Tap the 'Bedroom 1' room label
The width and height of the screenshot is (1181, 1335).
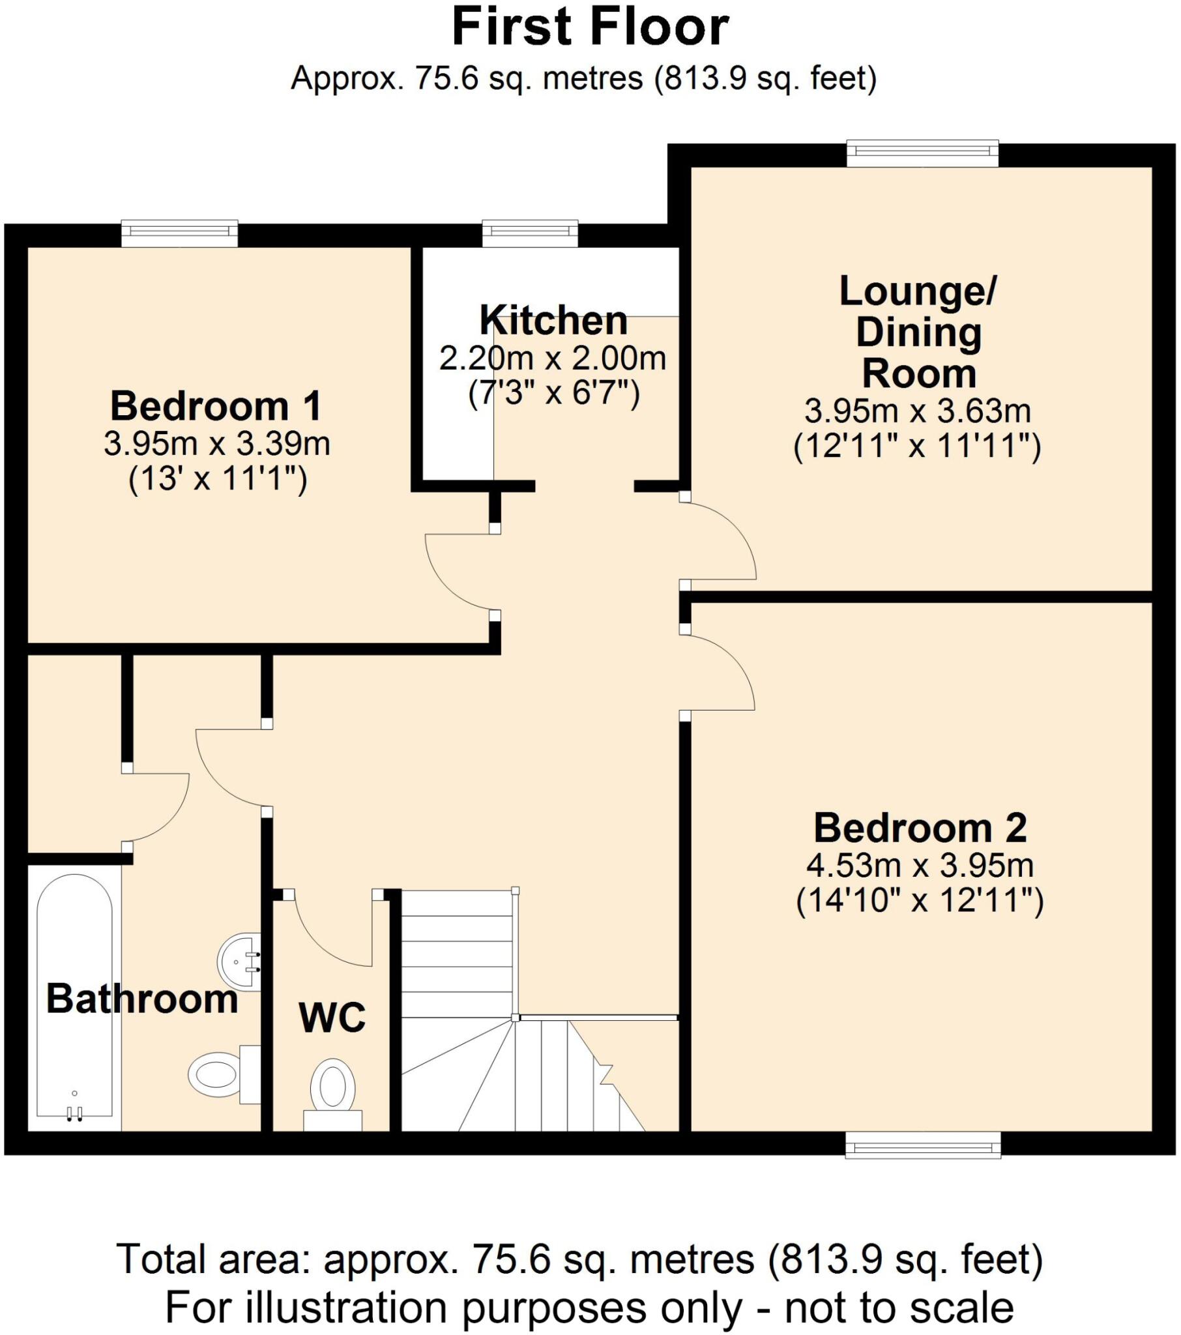[216, 406]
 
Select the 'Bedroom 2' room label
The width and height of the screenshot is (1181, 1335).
[920, 828]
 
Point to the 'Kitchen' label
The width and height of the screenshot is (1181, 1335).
[553, 321]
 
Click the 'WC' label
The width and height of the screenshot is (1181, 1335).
[332, 1018]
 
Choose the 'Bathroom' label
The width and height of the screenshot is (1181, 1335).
[141, 999]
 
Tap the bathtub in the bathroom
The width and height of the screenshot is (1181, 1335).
[74, 999]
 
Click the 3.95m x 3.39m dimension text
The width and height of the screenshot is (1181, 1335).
[217, 444]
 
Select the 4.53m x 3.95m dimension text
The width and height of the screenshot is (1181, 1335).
[920, 866]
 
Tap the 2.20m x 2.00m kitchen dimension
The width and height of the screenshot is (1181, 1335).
[553, 358]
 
